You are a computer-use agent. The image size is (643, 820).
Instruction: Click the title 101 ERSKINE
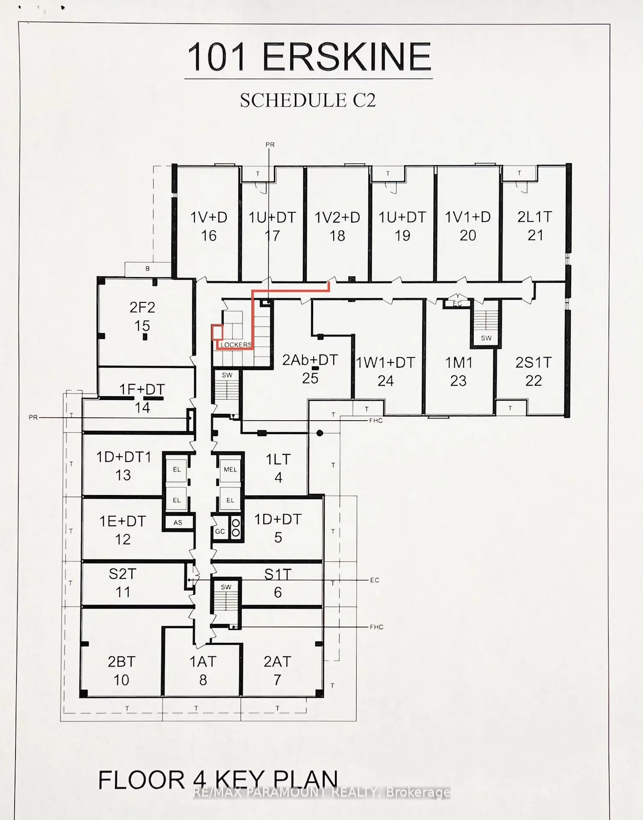[309, 57]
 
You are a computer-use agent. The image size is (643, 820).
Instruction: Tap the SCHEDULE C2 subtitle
[308, 100]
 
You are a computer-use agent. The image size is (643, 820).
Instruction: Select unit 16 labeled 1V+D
[208, 226]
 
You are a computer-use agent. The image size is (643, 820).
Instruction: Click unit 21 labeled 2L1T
[535, 226]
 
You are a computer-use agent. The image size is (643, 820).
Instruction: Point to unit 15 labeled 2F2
[142, 316]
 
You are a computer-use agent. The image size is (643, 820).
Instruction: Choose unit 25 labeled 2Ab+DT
[310, 369]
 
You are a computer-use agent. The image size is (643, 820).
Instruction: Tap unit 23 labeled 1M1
[459, 372]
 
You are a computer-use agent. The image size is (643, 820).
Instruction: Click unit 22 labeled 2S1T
[534, 372]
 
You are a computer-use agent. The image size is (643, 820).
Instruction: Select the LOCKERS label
[236, 345]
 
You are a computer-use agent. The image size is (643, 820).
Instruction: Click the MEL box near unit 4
[230, 469]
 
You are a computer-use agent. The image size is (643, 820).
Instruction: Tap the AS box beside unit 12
[178, 522]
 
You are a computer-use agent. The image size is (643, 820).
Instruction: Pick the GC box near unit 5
[220, 531]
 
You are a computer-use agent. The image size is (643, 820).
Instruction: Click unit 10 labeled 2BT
[121, 671]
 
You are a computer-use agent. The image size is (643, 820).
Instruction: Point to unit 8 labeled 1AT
[203, 671]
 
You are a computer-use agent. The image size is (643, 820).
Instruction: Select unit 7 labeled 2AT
[277, 671]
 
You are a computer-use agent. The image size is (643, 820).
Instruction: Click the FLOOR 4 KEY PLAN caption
[218, 780]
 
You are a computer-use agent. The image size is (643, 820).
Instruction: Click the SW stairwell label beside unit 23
[486, 338]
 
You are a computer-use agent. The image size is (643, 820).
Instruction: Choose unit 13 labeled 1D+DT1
[123, 466]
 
